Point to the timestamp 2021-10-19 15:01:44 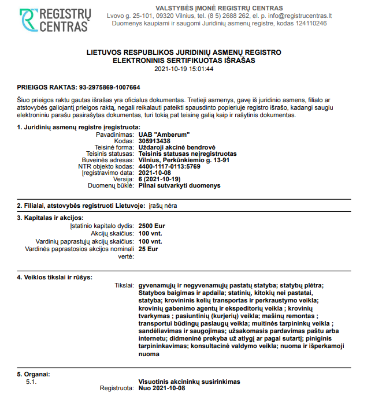tap(184, 69)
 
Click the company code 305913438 tap(155, 141)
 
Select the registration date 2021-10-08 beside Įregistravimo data tap(155, 173)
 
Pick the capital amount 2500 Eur tap(152, 226)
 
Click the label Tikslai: tap(124, 285)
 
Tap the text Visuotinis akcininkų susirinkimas tap(189, 382)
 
